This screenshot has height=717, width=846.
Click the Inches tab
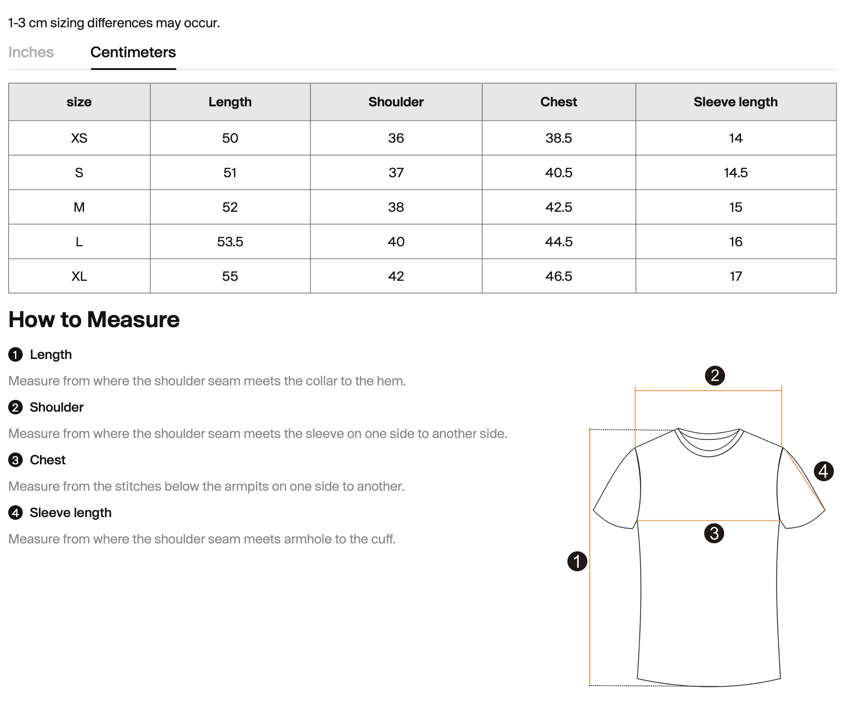tap(31, 52)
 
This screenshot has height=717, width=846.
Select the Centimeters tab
tap(133, 52)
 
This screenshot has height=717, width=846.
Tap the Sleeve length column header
tap(735, 102)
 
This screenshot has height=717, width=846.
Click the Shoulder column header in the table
tap(396, 102)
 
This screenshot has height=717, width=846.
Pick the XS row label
tap(79, 138)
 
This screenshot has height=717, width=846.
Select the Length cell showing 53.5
tap(230, 242)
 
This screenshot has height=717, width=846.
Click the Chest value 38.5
tap(558, 138)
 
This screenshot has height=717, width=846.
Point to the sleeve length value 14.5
tap(735, 173)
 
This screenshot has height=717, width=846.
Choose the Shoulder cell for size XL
tap(396, 276)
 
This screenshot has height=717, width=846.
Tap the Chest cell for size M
tap(558, 207)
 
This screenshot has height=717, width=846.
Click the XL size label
tap(79, 276)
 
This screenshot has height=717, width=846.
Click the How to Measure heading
tap(94, 319)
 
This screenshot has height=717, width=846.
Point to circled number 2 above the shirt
tap(715, 376)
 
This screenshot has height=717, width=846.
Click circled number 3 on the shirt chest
tap(714, 533)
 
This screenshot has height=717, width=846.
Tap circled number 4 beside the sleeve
tap(823, 471)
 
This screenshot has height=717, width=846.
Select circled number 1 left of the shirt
tap(577, 561)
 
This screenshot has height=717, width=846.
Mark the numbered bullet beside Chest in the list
tap(15, 460)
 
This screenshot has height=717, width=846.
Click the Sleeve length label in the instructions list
tap(70, 513)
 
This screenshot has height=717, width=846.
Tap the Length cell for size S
tap(230, 173)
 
